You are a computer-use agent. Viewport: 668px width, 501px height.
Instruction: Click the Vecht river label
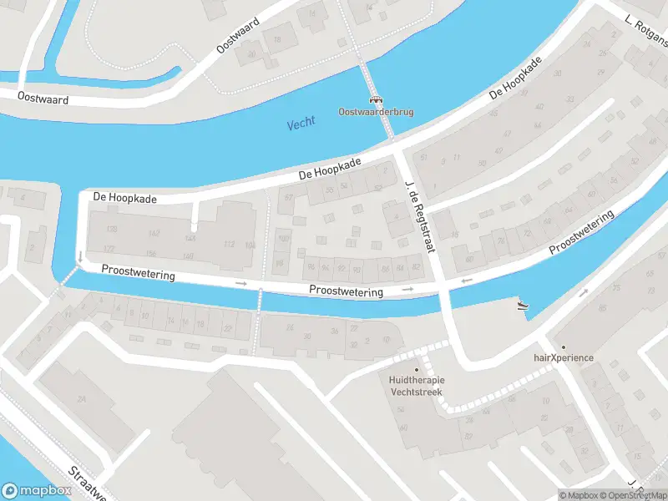coord(301,124)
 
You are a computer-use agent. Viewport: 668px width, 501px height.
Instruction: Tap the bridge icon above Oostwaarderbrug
coord(376,99)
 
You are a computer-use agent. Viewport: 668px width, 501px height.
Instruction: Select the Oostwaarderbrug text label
coord(376,112)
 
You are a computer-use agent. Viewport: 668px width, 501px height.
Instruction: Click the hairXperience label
coord(564,358)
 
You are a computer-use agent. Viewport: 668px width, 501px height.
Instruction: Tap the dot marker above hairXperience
coord(564,347)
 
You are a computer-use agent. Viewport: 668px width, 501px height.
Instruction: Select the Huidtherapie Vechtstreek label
coord(417,386)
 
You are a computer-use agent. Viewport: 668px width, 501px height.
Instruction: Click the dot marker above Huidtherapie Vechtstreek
coord(417,369)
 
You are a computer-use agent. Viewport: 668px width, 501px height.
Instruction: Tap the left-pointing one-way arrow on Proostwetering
coord(467,281)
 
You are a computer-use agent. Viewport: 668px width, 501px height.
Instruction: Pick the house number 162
coord(153,233)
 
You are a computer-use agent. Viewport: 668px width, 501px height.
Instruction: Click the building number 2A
coord(82,400)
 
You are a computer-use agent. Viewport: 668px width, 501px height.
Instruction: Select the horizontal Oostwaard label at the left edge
coord(43,99)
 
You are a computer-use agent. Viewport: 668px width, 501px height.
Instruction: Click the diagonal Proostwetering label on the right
coord(581,234)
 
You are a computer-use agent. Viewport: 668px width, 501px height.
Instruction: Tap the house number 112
coord(228,244)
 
